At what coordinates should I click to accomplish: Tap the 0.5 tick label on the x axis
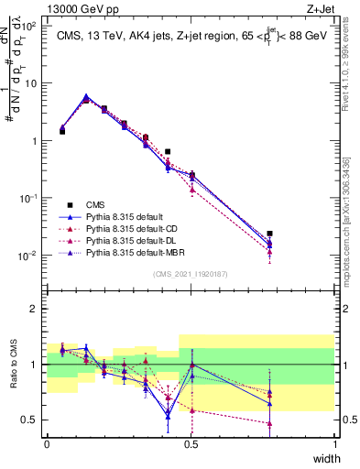[191, 443]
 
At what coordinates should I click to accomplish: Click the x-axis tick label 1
[335, 443]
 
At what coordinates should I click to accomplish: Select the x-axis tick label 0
[47, 443]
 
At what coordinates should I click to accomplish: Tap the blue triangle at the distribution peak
[86, 96]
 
